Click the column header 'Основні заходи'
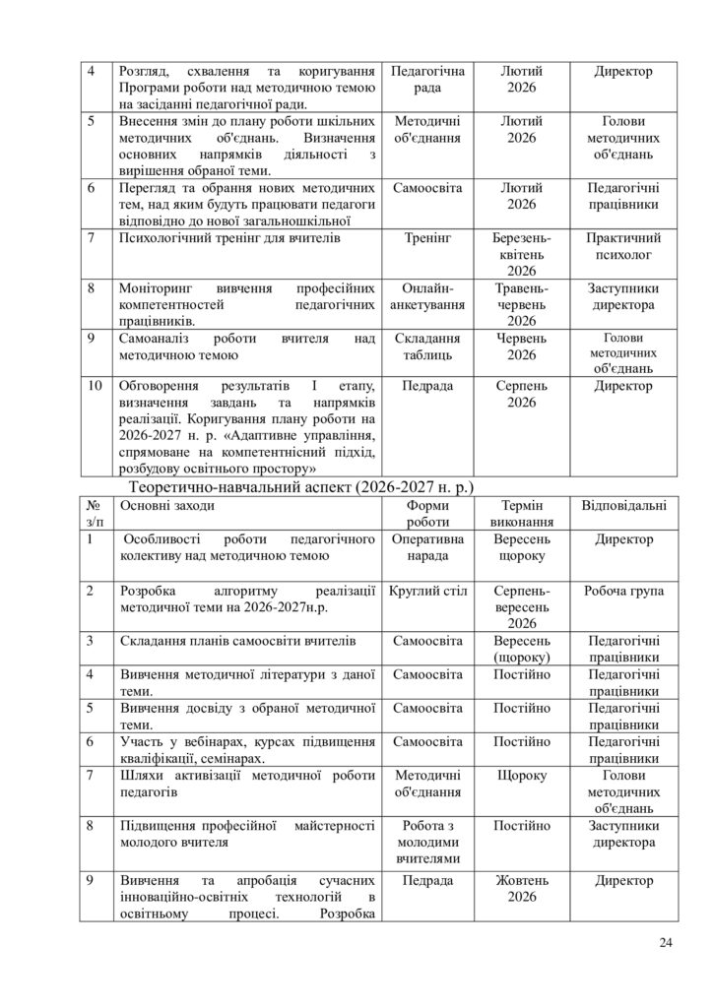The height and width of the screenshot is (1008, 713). coord(166,505)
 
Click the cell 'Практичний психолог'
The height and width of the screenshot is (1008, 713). coord(623,246)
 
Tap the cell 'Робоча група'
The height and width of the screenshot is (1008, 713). coord(623,591)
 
